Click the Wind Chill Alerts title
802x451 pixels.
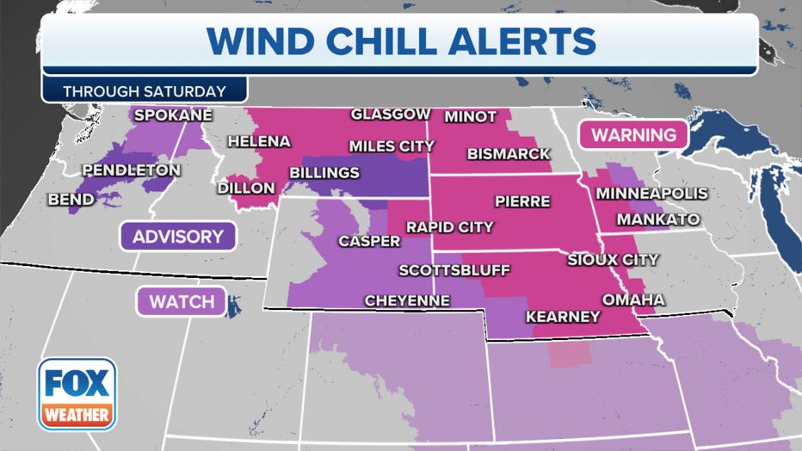[402, 41]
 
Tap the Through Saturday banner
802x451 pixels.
[145, 90]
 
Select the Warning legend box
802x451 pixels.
[633, 134]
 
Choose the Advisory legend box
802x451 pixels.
[177, 236]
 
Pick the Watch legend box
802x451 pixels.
[181, 301]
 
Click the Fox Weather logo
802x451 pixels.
[77, 394]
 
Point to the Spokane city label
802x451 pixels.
[172, 114]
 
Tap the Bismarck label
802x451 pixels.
[509, 153]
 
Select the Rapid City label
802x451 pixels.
[450, 227]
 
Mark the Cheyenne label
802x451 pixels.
[407, 300]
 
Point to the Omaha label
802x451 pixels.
[633, 300]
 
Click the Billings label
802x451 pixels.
[324, 173]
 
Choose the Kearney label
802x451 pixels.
[563, 317]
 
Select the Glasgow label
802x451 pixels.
[391, 114]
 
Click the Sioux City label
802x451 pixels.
[613, 259]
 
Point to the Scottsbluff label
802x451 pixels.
[454, 270]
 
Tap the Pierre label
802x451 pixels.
[522, 201]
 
